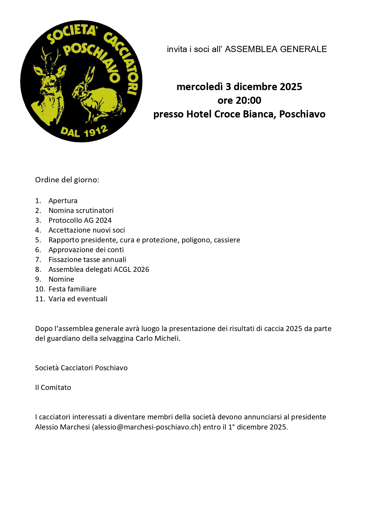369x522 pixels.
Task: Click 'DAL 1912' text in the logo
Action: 84,131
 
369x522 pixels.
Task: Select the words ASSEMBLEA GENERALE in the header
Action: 276,49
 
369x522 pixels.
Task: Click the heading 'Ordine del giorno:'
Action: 67,180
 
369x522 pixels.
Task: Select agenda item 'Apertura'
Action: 63,201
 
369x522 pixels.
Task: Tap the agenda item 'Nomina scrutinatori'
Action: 81,211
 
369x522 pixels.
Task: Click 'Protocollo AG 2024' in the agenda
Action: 80,220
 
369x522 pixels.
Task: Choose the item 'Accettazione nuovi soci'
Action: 87,230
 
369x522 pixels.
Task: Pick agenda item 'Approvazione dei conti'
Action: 86,250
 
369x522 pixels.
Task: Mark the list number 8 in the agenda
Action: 38,269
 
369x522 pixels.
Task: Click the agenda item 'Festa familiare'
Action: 72,289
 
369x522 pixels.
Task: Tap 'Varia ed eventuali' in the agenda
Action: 78,299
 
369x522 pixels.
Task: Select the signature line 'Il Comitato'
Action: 53,388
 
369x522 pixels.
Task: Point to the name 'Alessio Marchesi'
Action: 62,427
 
